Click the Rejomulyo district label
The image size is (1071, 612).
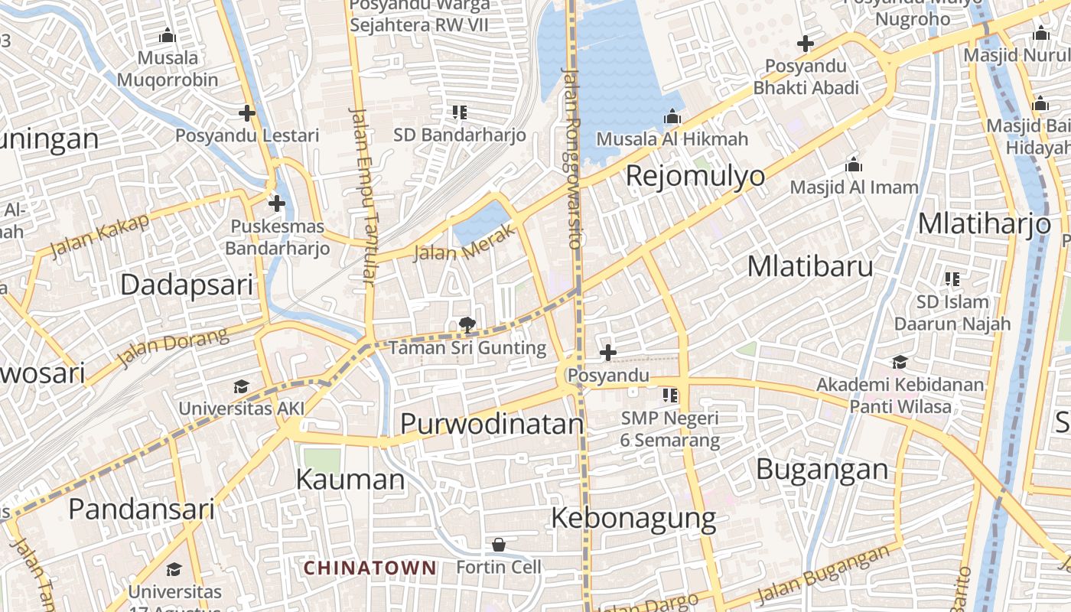click(x=695, y=175)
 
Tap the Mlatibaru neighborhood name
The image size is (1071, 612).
click(x=809, y=265)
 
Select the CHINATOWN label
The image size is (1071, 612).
click(x=370, y=568)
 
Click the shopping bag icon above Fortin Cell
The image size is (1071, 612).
click(x=499, y=545)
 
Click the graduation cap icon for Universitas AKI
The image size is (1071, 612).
click(x=242, y=386)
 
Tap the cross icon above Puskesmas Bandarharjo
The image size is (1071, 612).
click(x=277, y=203)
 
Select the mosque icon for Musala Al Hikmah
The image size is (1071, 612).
click(x=672, y=116)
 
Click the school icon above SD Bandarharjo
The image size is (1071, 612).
click(x=460, y=112)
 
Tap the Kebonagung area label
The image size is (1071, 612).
click(x=633, y=518)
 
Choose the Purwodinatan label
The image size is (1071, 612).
click(x=492, y=423)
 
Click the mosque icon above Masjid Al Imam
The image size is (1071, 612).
click(x=854, y=164)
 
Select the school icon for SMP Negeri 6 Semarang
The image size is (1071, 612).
click(x=670, y=396)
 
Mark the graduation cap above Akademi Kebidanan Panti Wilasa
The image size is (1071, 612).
click(x=900, y=362)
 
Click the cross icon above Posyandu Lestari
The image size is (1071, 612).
click(x=246, y=113)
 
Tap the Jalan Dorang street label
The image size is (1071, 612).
click(x=174, y=347)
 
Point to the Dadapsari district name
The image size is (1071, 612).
click(x=187, y=285)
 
